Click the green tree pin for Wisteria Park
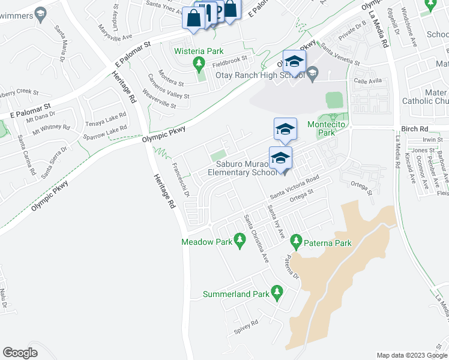pos(199,62)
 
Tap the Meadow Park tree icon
pos(240,242)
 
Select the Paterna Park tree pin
pos(295,242)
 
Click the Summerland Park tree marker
pos(277,293)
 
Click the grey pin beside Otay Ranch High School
pos(312,74)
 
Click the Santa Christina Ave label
pos(255,238)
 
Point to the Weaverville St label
pos(159,99)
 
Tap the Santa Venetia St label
pos(340,54)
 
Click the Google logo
pos(20,353)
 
